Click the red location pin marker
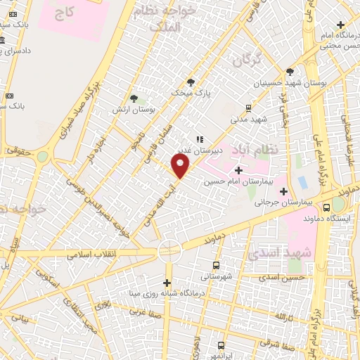pos(181,166)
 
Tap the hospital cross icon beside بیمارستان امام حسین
pos(238,170)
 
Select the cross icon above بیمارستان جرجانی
pos(284,191)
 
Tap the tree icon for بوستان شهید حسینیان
pos(290,72)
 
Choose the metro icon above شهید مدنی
pos(248,108)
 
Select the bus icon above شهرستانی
pos(215,265)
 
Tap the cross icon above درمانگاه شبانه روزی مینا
pos(167,282)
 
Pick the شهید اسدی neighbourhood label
pos(275,252)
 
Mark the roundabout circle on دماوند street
pos(169,249)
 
